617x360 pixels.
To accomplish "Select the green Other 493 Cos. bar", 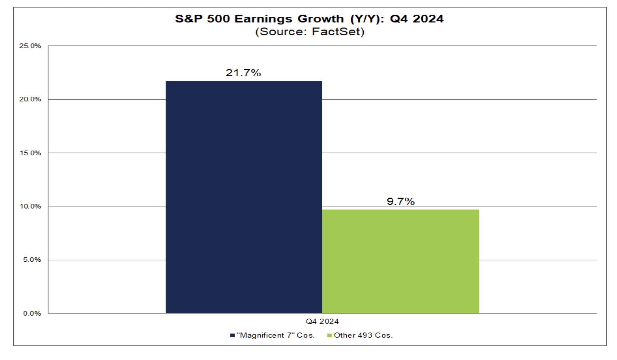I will pyautogui.click(x=400, y=261).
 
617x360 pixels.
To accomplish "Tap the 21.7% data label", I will pyautogui.click(x=243, y=73).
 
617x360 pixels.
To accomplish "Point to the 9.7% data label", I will pyautogui.click(x=400, y=201).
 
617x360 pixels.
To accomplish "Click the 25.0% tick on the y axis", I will pyautogui.click(x=30, y=46).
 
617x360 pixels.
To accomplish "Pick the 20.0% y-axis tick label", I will pyautogui.click(x=30, y=99).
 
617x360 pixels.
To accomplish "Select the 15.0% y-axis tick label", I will pyautogui.click(x=30, y=153).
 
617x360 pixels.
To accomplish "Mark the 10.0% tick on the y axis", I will pyautogui.click(x=30, y=206).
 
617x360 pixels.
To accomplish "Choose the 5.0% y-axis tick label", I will pyautogui.click(x=32, y=260).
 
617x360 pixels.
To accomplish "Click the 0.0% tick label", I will pyautogui.click(x=32, y=313).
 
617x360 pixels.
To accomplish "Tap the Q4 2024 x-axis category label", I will pyautogui.click(x=322, y=321).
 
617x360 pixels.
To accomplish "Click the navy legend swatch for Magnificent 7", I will pyautogui.click(x=232, y=335).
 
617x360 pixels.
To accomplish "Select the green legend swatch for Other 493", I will pyautogui.click(x=329, y=335).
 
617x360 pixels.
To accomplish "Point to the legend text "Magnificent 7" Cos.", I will pyautogui.click(x=275, y=335).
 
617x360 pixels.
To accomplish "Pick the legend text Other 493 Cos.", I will pyautogui.click(x=363, y=335).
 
